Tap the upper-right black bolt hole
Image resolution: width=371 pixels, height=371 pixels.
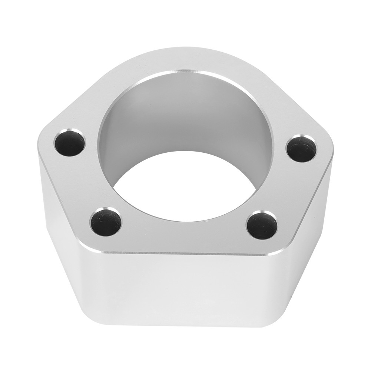[301, 149]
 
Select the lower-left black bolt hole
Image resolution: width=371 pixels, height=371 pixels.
[106, 222]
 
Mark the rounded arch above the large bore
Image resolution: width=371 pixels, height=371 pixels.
[185, 59]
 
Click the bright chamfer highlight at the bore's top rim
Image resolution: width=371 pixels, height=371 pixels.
[185, 70]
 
